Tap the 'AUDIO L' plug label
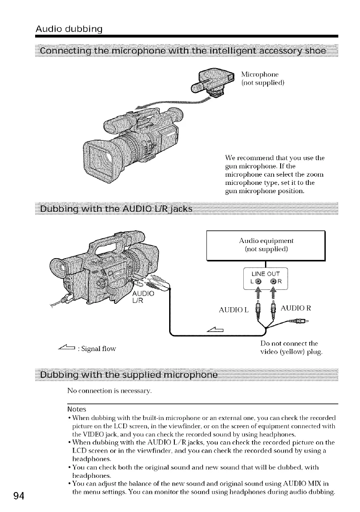232,310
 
